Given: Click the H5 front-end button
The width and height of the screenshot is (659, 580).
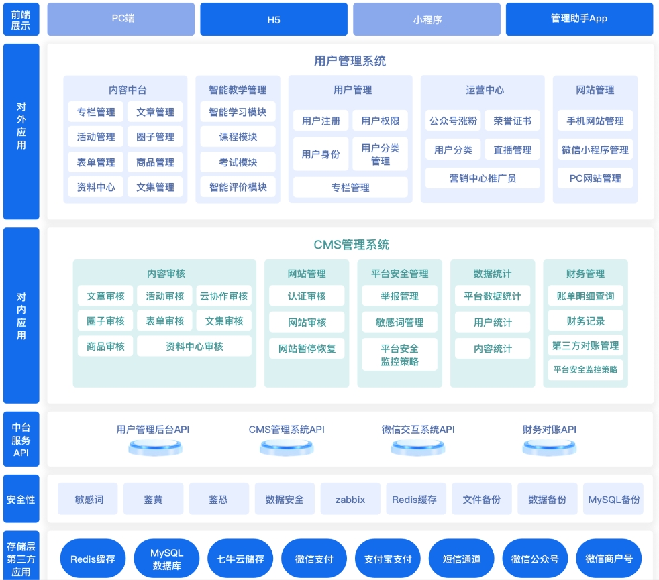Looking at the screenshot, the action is click(274, 19).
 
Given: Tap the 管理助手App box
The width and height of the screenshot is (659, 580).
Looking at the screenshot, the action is click(579, 19).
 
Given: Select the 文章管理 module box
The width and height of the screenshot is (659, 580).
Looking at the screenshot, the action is click(155, 112).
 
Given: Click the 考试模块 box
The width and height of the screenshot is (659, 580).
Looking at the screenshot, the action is click(238, 162).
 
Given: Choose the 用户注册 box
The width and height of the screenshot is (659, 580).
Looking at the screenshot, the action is click(321, 121).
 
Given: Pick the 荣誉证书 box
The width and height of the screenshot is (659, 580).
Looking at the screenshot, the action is click(512, 121).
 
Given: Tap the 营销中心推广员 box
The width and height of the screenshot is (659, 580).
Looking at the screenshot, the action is click(483, 178).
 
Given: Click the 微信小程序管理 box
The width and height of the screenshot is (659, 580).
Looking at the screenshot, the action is click(595, 150).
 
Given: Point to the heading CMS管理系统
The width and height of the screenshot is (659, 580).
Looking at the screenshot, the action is click(352, 245).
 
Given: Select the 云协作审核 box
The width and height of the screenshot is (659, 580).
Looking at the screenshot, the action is click(223, 296).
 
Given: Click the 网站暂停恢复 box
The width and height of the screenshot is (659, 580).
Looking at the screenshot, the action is click(307, 349).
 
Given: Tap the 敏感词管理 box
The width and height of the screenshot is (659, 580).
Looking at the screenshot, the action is click(400, 322).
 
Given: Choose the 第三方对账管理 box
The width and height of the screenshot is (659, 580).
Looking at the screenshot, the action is click(585, 345).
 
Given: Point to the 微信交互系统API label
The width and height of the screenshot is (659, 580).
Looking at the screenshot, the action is click(418, 430).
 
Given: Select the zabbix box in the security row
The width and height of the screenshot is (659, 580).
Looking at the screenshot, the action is click(350, 499).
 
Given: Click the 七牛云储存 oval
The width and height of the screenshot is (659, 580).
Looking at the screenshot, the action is click(240, 559).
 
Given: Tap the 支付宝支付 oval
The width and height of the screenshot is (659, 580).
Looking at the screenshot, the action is click(388, 559).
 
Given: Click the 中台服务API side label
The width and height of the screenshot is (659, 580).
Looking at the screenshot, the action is click(21, 439).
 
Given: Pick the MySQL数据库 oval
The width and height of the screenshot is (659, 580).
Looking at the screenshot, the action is click(166, 559).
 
